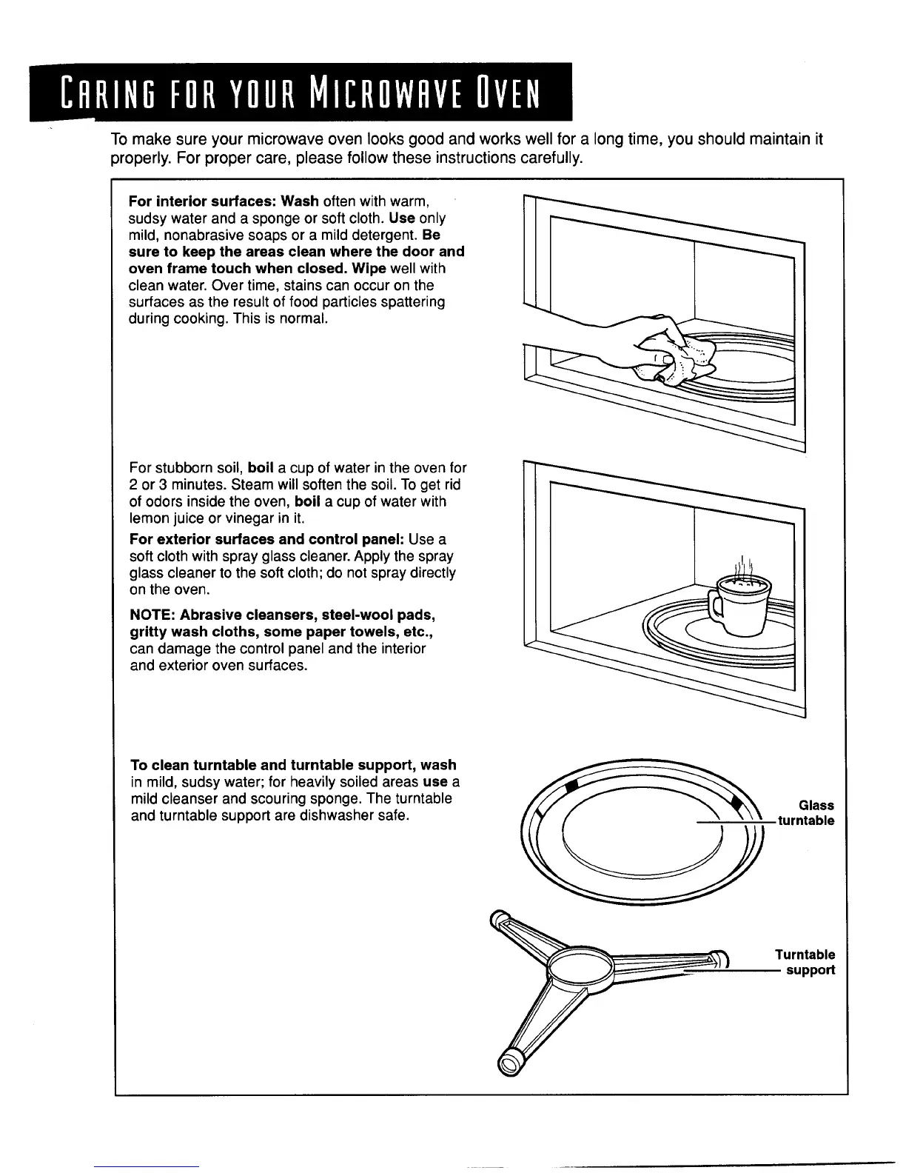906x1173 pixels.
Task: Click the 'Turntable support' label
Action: (806, 963)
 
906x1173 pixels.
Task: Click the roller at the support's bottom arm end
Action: (509, 1064)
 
